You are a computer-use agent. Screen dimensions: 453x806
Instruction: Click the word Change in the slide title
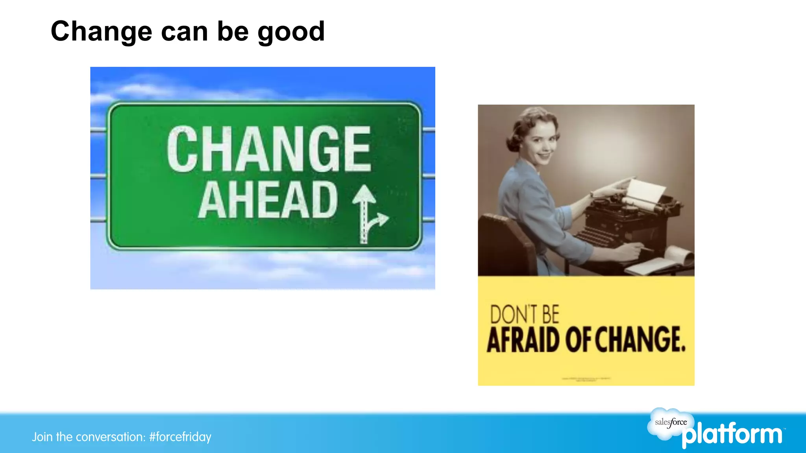[101, 31]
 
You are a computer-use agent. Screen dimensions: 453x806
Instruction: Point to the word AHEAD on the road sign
[268, 201]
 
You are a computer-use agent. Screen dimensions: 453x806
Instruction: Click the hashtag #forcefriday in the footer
[180, 437]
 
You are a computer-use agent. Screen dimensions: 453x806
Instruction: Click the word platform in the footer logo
[732, 435]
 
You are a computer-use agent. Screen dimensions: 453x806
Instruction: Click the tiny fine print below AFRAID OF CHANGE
[586, 379]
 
